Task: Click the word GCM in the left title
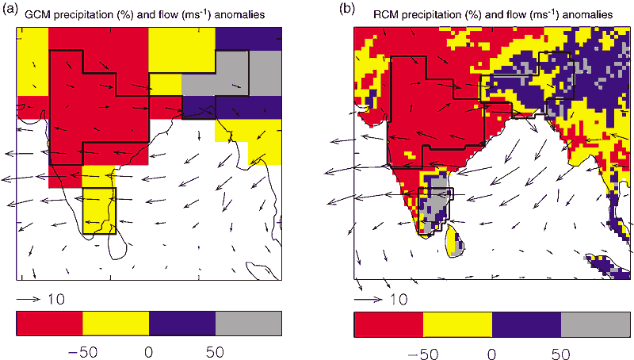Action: (x=36, y=13)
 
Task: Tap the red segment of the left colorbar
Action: (x=49, y=324)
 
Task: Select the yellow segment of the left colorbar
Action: (x=116, y=324)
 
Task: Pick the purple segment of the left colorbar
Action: (x=181, y=324)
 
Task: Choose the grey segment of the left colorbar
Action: (x=248, y=324)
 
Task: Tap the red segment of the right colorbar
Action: (x=388, y=325)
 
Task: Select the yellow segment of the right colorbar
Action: (x=457, y=325)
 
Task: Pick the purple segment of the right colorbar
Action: (x=526, y=325)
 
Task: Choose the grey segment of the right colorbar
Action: (x=596, y=325)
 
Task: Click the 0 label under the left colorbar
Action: (x=149, y=350)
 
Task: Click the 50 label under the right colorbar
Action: (x=561, y=351)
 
